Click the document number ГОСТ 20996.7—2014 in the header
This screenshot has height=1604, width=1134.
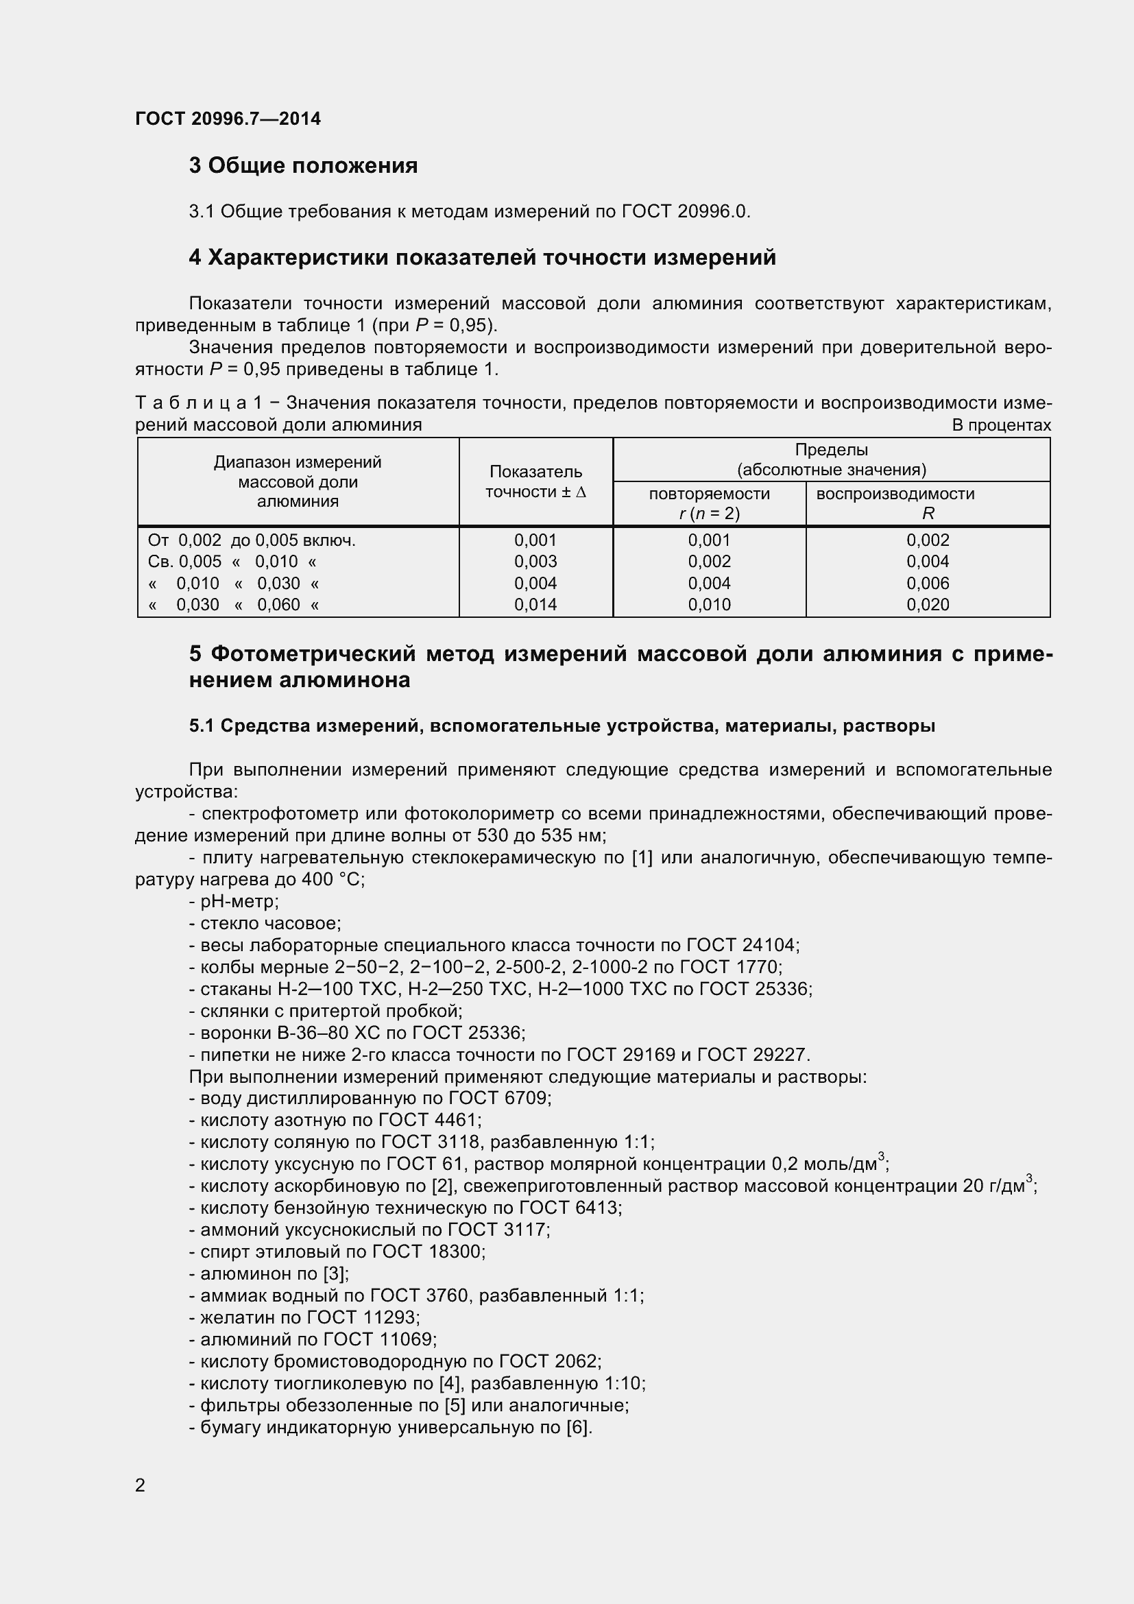(228, 119)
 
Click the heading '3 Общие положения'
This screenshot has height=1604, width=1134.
(303, 165)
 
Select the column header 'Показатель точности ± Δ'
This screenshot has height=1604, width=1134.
(535, 481)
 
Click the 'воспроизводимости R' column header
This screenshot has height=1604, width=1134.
(928, 503)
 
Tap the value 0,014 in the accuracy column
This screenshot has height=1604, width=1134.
(535, 604)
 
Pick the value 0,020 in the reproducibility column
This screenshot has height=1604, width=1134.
(928, 604)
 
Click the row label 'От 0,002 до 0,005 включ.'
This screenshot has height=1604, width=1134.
(252, 540)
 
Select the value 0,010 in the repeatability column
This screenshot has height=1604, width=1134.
(709, 604)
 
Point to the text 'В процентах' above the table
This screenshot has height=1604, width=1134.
(1000, 424)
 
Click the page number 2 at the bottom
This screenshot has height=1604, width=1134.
(141, 1485)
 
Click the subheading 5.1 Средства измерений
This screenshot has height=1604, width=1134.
(562, 726)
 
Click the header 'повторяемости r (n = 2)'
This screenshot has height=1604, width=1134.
(709, 503)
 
